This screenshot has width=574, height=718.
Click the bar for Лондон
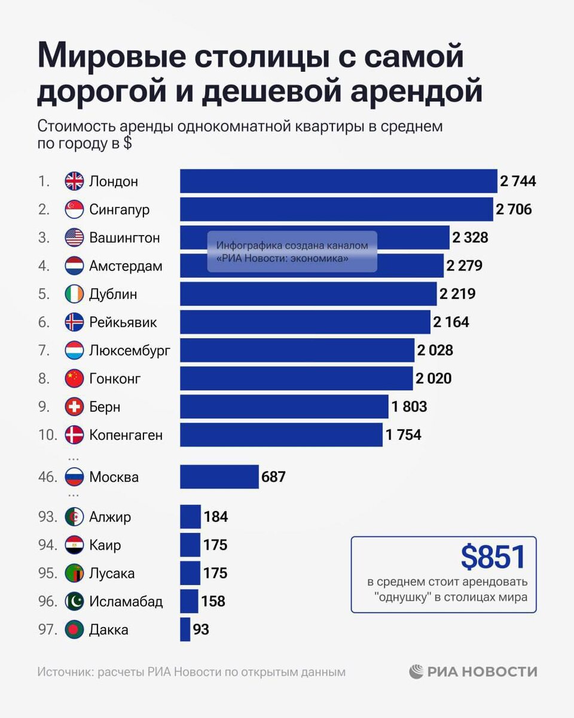[x=338, y=181]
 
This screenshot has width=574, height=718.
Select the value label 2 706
[x=514, y=209]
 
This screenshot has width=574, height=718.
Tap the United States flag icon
[x=74, y=238]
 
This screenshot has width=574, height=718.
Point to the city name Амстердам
[x=126, y=266]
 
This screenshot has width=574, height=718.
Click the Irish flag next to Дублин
[x=74, y=294]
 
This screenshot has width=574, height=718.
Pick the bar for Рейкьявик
[x=305, y=322]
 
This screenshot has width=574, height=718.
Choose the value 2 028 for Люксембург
[x=435, y=350]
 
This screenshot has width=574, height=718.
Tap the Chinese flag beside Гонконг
[x=74, y=379]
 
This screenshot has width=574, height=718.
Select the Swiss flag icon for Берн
[x=74, y=407]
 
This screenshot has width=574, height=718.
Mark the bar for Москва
[x=219, y=477]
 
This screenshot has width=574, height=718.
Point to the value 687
[x=274, y=477]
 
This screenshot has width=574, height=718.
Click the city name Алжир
[x=110, y=517]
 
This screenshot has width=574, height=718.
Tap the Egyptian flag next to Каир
[x=74, y=545]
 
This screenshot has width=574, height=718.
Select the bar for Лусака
[x=190, y=573]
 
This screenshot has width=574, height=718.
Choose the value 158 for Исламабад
[x=213, y=601]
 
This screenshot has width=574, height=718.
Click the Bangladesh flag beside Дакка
[x=74, y=629]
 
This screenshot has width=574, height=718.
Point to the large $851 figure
[x=493, y=558]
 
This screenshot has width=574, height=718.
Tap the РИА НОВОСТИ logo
[x=473, y=672]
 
